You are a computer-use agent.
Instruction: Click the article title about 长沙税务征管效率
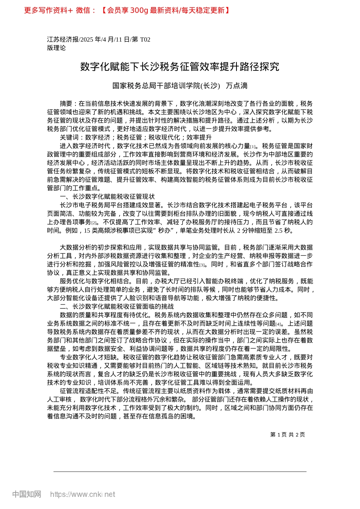tap(180, 67)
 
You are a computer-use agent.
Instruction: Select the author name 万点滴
tap(236, 86)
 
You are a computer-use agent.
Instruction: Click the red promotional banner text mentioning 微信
tap(127, 11)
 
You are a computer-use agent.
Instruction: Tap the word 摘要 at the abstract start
tap(66, 104)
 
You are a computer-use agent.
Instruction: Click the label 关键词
tap(69, 137)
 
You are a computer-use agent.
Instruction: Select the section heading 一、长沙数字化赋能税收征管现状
tap(107, 197)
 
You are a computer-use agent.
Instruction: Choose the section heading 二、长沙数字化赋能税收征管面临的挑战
tap(117, 306)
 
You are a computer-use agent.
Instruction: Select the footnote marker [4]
tap(279, 324)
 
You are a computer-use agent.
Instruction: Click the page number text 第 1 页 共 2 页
tap(287, 435)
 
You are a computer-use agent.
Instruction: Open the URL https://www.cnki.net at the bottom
tap(83, 494)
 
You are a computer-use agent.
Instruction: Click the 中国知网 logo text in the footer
tap(27, 494)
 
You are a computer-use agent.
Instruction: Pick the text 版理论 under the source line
tap(56, 48)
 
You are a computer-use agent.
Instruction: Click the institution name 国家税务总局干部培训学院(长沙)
tap(166, 86)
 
